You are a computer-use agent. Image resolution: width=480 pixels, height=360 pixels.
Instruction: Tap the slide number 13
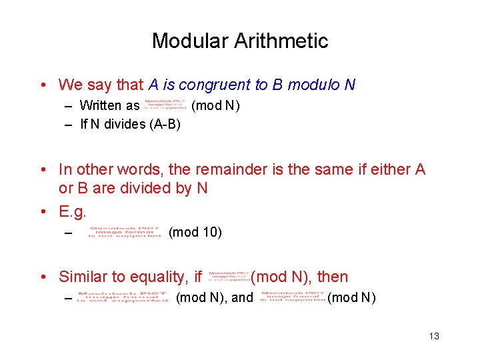coord(434,336)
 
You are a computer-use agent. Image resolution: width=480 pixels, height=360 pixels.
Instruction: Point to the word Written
coord(100,106)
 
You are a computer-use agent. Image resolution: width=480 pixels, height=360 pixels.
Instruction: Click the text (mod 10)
coord(195,233)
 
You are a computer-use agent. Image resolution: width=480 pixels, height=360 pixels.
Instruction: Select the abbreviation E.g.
coord(73,212)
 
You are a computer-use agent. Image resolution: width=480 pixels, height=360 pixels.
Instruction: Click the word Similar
coord(83,277)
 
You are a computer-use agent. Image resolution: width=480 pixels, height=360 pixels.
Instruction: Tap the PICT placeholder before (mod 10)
coord(125,232)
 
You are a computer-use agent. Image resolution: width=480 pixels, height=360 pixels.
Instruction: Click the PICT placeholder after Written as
coord(165,105)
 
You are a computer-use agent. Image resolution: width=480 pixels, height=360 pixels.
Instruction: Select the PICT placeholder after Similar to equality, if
coord(229,275)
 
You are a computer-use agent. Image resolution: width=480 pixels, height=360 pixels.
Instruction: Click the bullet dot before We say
coord(42,85)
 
